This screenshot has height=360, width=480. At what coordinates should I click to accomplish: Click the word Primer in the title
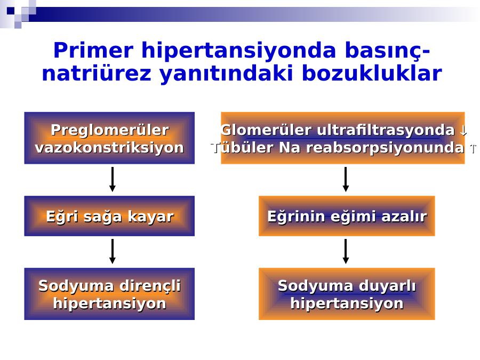pos(93,51)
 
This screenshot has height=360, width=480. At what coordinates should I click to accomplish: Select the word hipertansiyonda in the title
pos(239,51)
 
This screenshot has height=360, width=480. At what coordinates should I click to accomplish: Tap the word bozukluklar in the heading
pos(372,74)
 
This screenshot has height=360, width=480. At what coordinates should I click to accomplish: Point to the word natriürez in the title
pos(97,74)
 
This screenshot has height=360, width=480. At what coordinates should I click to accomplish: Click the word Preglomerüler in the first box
pos(109,130)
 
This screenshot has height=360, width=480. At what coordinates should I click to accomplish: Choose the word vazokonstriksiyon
pos(109,148)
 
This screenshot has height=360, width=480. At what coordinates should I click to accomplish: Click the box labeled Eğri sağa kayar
pos(109,216)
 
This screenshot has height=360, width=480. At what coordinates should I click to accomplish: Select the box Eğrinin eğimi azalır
pos(347,216)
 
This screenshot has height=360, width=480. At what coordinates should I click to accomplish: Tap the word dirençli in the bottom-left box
pos(150,286)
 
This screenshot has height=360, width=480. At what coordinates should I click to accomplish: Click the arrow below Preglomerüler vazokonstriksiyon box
pos(113,179)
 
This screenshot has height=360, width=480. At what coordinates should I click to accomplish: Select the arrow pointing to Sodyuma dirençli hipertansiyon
pos(113,251)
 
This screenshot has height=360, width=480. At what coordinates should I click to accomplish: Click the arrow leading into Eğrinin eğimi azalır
pos(346,179)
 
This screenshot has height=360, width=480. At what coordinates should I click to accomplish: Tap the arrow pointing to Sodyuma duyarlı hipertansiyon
pos(346,251)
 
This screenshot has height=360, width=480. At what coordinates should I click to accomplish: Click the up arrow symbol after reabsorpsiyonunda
pos(473,148)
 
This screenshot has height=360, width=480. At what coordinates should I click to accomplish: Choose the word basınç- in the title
pos(388,51)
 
